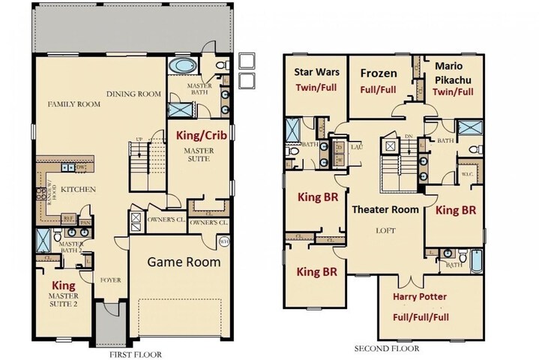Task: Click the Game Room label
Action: point(183,262)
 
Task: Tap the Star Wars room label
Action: point(316,73)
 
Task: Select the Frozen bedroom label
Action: point(379,73)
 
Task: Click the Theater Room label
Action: point(385,210)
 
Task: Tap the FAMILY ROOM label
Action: point(74,104)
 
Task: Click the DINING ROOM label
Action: point(133,94)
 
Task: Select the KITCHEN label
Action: point(79,190)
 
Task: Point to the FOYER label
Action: point(110,280)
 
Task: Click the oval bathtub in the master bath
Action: point(182,67)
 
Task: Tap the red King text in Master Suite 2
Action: point(63,286)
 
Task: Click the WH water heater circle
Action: point(223,241)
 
